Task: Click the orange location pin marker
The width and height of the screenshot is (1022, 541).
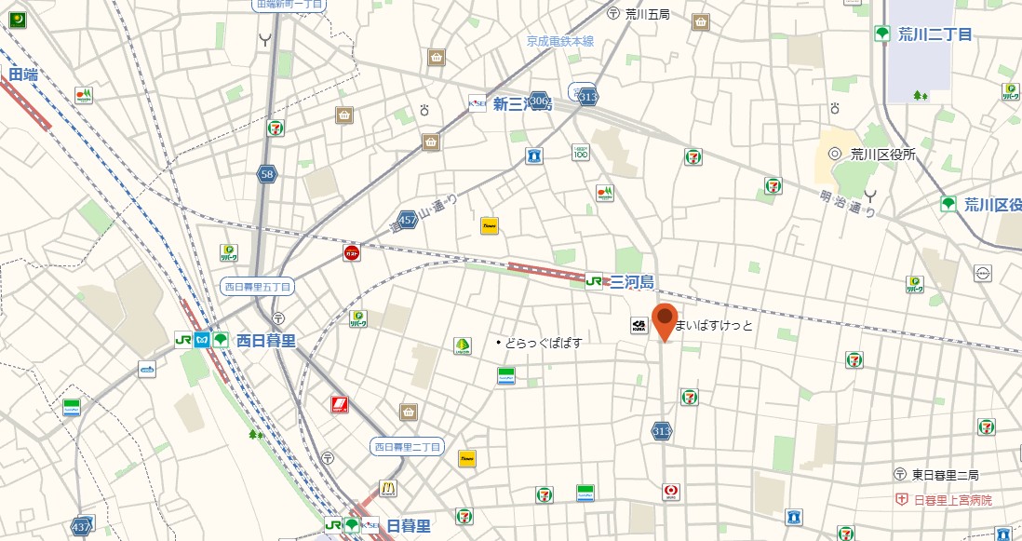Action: coord(664,319)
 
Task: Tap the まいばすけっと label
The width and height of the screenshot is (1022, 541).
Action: coord(714,326)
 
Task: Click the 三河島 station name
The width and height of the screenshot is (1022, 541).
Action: coord(632,281)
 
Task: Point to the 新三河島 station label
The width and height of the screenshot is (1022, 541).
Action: coord(522,104)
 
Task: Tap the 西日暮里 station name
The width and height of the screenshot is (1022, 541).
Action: coord(265,341)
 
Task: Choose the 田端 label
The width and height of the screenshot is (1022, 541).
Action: coord(23,74)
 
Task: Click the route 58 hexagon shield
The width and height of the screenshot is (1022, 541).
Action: coord(268,173)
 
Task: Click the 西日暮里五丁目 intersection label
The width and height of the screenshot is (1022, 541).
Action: coord(257,286)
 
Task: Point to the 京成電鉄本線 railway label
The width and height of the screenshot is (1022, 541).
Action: coord(559,41)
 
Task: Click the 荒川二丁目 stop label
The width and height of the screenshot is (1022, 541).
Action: coord(935,34)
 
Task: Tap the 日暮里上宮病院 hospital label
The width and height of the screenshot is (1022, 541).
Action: coord(952,500)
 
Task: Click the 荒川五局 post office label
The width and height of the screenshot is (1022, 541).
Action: coord(648,14)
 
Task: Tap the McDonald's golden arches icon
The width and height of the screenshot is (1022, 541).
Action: coord(387,489)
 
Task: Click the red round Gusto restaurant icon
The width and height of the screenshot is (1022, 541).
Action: coord(352,253)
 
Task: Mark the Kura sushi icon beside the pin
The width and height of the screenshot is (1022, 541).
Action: coord(639,325)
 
